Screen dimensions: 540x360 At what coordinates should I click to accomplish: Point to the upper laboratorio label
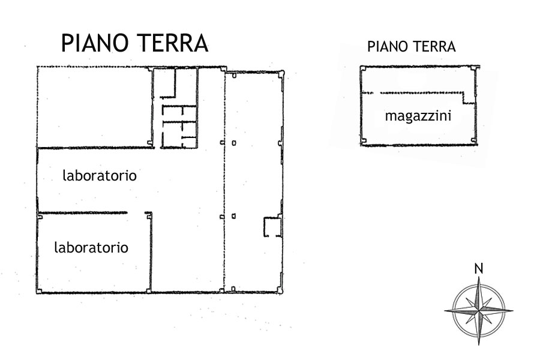pos(100,175)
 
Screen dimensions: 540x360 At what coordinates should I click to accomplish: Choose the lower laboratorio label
pos(91,247)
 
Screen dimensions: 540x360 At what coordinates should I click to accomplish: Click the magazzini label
pos(418,116)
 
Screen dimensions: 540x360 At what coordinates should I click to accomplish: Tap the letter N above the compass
pos(479,269)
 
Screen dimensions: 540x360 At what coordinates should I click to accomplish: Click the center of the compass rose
pos(479,311)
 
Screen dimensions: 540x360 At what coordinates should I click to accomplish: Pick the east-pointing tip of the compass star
pos(512,311)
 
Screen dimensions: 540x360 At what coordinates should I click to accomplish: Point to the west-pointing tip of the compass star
pos(445,311)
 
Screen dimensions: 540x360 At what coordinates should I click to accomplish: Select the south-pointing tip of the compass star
pos(479,344)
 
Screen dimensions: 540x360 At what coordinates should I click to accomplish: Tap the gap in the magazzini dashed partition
pos(377,92)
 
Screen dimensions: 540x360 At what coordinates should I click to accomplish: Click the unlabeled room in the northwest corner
pos(94,107)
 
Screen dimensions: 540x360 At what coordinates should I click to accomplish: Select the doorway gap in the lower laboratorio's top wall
pos(136,213)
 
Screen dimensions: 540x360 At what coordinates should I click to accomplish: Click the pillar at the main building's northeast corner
pos(281,73)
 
